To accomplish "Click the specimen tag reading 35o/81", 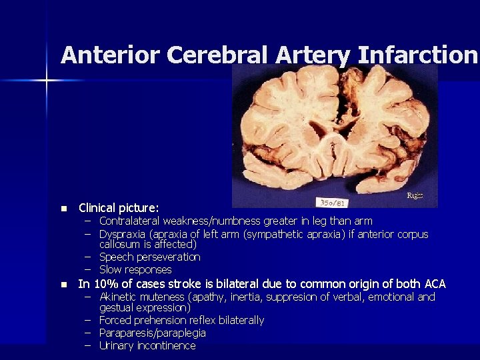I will click(x=331, y=201).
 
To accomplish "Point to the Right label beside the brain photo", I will click(x=415, y=196).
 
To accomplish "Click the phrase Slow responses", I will click(x=135, y=269).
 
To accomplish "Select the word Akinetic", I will click(x=118, y=297).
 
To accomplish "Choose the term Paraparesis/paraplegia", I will click(x=152, y=333).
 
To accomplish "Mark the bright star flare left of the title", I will click(x=47, y=81).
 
